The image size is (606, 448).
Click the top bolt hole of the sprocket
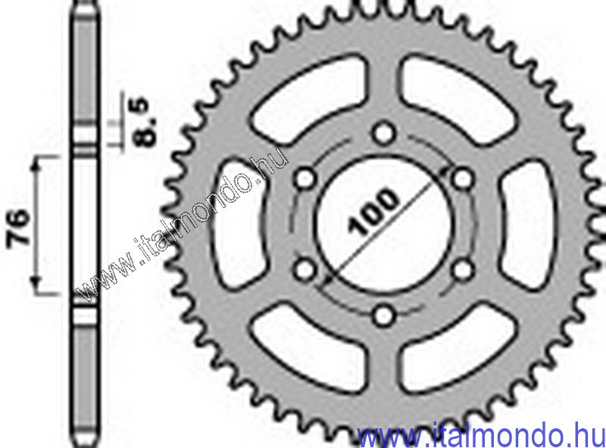click(386, 135)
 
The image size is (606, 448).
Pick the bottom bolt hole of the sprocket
click(385, 314)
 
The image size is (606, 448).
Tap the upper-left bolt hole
click(306, 179)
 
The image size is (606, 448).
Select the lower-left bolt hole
click(306, 269)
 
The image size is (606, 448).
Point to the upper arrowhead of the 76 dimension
click(37, 163)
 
